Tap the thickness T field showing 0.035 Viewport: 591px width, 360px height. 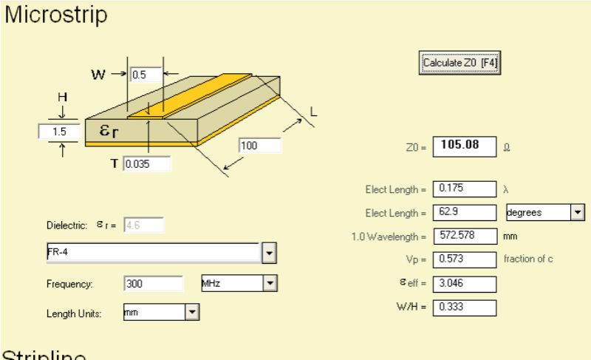147,163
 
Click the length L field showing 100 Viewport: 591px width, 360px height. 260,146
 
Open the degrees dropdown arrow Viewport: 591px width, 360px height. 577,213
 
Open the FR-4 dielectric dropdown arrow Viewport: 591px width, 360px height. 270,254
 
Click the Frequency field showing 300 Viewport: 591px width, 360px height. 153,283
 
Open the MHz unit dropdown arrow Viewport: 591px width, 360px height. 270,283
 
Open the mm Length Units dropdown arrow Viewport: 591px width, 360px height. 193,313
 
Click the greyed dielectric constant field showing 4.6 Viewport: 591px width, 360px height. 144,225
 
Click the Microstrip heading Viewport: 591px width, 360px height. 55,14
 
